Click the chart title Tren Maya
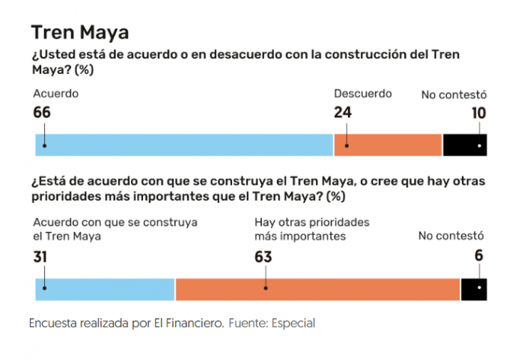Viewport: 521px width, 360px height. [79, 32]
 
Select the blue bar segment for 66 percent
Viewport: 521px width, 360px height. [184, 144]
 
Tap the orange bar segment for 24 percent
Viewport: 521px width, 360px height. [388, 144]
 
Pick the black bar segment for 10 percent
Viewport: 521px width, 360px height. [465, 144]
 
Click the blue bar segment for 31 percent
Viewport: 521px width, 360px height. [105, 289]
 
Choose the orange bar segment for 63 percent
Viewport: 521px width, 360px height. [317, 289]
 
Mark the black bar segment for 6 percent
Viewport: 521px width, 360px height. [474, 289]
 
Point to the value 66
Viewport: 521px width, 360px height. [43, 113]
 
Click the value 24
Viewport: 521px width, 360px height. [343, 113]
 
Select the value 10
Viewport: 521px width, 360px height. [478, 114]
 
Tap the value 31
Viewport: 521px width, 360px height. [42, 257]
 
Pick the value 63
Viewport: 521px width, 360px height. [263, 257]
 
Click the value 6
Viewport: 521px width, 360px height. [479, 256]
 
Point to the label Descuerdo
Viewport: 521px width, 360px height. [362, 94]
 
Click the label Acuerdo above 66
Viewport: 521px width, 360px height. [56, 94]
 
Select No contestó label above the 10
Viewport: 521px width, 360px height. [454, 95]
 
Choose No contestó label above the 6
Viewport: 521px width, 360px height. [451, 237]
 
